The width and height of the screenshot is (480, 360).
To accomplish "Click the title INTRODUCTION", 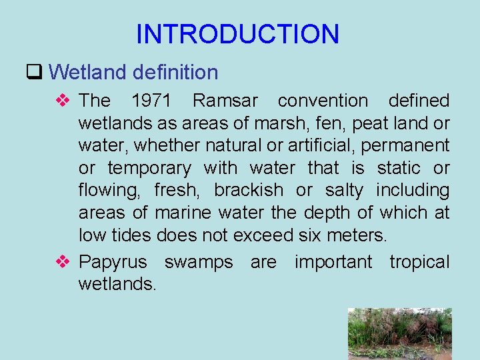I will (x=237, y=34).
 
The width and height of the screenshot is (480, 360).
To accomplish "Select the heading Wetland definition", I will (x=133, y=72).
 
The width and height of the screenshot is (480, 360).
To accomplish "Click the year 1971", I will (x=151, y=101).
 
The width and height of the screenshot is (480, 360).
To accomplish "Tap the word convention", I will (x=323, y=101).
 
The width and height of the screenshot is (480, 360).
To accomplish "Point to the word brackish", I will (x=248, y=191).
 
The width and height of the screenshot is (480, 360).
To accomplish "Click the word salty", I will (x=344, y=191).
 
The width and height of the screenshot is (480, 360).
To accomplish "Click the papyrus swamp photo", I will (x=399, y=333).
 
